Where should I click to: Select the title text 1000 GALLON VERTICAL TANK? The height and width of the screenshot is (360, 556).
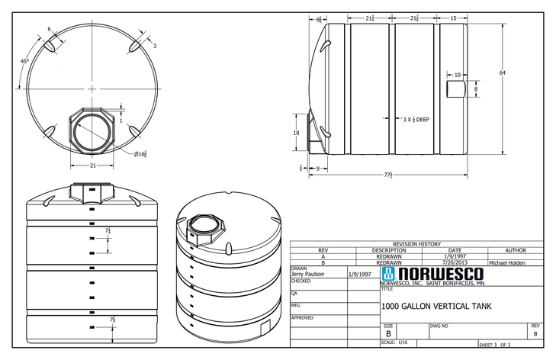tap(435, 307)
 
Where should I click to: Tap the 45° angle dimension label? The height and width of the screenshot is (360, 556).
tap(25, 61)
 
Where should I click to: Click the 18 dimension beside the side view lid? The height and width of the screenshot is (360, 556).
tap(297, 133)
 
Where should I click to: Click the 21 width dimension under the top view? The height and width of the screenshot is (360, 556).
tap(93, 165)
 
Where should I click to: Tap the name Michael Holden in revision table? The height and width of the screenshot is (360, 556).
tap(507, 262)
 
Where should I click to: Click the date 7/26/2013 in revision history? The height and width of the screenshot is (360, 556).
tap(455, 262)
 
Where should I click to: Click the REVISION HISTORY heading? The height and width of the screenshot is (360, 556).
tap(416, 244)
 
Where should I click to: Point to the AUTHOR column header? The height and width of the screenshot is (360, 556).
tap(516, 250)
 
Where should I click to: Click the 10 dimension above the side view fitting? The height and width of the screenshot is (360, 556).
tap(457, 75)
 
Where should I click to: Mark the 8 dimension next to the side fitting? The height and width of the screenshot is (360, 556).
tap(476, 89)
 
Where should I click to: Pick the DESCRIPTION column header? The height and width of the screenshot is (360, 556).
tap(389, 250)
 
